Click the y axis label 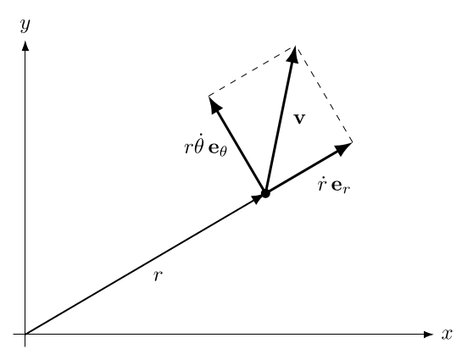(x=25, y=25)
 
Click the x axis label (x=447, y=334)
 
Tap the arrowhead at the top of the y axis (x=25, y=46)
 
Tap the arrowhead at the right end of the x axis (x=428, y=334)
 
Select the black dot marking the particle (x=265, y=193)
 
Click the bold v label (x=299, y=119)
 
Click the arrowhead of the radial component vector (x=343, y=148)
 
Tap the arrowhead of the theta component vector (x=214, y=105)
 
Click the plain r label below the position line (x=158, y=275)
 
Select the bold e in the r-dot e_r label (x=337, y=186)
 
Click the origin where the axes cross (x=25, y=334)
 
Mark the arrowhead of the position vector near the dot (x=258, y=199)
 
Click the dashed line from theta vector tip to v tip (x=252, y=71)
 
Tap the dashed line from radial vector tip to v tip (x=323, y=94)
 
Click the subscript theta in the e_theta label (x=223, y=151)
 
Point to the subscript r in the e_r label (x=346, y=189)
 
